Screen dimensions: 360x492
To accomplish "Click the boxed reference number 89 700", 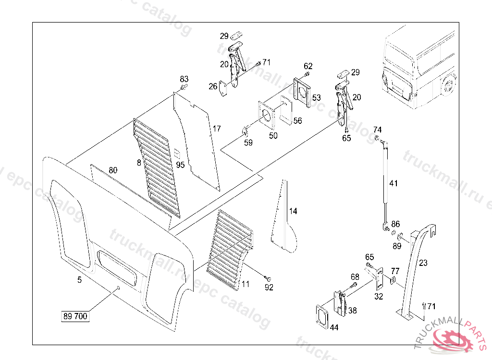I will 75,316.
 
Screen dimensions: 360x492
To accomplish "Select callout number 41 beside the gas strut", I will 394,183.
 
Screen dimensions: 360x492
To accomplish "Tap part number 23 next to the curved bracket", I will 423,263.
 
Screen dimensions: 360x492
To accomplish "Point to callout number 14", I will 293,211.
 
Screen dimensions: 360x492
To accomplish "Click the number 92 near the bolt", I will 269,288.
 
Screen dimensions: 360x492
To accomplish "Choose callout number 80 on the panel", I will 113,170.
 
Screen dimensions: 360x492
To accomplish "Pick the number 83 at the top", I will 184,79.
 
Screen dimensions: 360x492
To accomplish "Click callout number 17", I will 217,129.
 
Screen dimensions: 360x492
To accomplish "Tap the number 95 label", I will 180,165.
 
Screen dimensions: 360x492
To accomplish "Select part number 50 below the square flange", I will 273,136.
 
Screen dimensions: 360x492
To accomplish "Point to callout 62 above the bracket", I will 308,66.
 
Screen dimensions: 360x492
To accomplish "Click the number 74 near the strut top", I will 378,130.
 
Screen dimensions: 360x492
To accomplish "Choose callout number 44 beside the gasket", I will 334,327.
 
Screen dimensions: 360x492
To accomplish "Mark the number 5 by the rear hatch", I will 79,279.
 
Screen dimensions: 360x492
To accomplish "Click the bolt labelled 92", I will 268,278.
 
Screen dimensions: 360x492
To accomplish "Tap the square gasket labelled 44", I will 321,317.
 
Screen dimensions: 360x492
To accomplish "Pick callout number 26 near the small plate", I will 213,86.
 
